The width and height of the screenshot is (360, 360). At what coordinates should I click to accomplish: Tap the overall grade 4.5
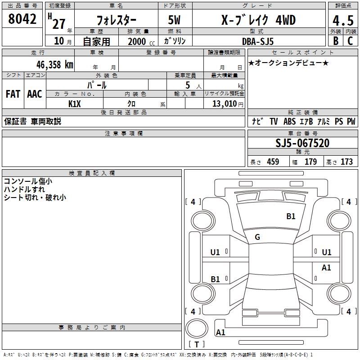[343, 21]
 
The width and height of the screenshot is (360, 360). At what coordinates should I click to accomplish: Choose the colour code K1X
[75, 103]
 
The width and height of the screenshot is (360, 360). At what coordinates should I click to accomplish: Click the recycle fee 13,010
[224, 104]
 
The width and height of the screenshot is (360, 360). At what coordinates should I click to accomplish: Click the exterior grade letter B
[335, 40]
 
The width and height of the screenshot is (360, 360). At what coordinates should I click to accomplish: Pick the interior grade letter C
[350, 40]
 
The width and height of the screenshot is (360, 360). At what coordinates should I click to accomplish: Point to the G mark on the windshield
[257, 237]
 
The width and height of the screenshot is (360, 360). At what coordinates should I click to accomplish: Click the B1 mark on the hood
[291, 216]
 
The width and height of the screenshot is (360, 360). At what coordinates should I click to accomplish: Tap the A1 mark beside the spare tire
[220, 333]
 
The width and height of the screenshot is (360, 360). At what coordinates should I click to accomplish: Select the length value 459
[273, 162]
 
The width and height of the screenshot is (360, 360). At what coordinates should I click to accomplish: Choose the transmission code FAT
[13, 94]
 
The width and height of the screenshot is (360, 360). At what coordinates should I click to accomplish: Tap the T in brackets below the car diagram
[197, 345]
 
